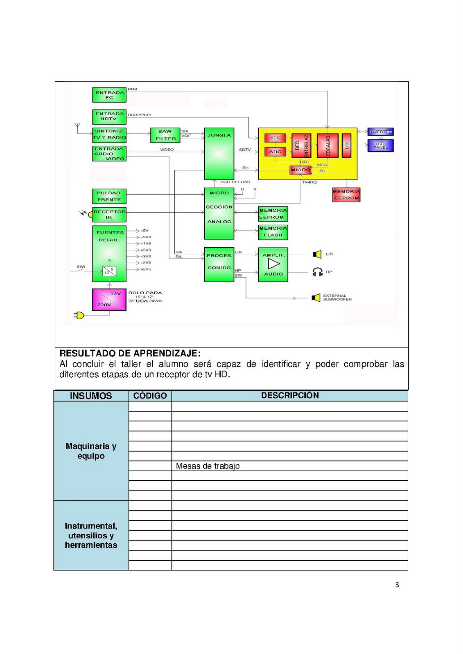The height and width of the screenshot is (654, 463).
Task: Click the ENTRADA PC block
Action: pos(109,95)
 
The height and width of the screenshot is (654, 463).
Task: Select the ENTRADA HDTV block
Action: pos(109,116)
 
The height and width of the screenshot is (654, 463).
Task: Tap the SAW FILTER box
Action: pos(165,135)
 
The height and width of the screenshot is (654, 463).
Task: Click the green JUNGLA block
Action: pos(219,154)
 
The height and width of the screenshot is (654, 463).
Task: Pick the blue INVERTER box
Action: pos(380,132)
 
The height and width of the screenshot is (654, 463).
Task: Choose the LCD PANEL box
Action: pos(380,146)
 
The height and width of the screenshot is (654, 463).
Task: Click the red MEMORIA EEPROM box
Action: pos(346,195)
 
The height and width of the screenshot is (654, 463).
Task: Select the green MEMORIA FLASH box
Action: pos(273,232)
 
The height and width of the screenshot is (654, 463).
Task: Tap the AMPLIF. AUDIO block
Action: pos(273,264)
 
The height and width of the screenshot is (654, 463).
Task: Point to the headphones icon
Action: pos(317,272)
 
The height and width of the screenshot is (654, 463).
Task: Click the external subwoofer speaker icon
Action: pos(316,298)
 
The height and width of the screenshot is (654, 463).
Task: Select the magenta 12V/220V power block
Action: pos(109,300)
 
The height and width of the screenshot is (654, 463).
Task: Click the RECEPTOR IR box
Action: pos(109,215)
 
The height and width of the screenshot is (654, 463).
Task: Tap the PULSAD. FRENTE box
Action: pos(109,196)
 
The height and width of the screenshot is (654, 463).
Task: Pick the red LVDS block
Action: pos(346,145)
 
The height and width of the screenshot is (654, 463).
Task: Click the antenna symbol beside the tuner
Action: pos(78,127)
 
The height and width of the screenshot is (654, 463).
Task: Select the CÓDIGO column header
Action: pos(150,396)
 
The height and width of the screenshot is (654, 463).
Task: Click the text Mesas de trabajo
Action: pos(208,466)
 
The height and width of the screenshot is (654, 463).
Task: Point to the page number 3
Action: pos(397,585)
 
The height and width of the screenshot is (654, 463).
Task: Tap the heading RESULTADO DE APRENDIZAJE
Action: pos(130,354)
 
